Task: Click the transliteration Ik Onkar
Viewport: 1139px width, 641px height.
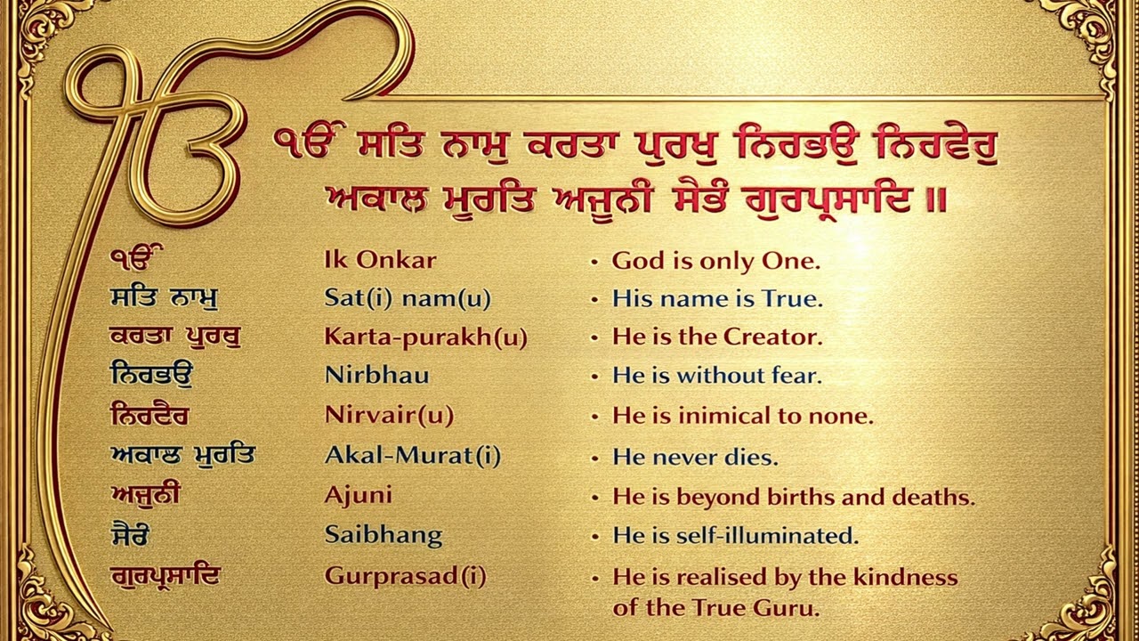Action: [380, 261]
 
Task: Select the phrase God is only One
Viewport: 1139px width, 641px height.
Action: [715, 261]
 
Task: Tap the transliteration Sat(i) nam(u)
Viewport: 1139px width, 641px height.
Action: [408, 299]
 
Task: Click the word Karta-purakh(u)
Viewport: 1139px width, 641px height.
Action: [425, 338]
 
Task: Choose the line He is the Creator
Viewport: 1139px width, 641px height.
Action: [717, 338]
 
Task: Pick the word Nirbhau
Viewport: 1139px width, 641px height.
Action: [377, 376]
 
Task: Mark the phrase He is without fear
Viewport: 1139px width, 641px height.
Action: [716, 376]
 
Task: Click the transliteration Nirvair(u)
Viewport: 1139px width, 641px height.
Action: [390, 416]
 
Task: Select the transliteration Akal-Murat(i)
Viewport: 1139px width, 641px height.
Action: [413, 457]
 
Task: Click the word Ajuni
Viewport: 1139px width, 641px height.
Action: [359, 496]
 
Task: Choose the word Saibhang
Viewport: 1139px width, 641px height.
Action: [384, 536]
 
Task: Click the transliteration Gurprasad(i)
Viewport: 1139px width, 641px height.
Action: [406, 576]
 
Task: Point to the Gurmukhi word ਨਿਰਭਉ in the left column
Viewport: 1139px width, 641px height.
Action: [151, 375]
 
